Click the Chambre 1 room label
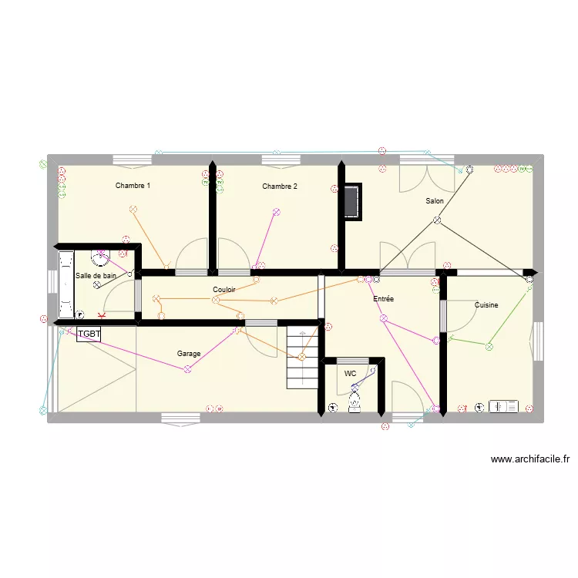tap(133, 186)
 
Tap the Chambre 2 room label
tap(279, 187)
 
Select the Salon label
tap(435, 201)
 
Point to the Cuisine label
tap(486, 305)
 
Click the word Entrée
tap(383, 298)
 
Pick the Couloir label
tap(224, 290)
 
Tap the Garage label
tap(189, 354)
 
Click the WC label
tap(350, 373)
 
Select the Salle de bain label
tap(96, 275)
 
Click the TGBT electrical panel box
tap(89, 334)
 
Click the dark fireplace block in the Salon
tap(353, 201)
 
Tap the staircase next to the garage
tap(302, 357)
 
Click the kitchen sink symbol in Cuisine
tap(505, 406)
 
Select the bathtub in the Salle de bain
tap(64, 285)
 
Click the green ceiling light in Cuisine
tap(488, 348)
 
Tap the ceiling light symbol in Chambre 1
tap(133, 209)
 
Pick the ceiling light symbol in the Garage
tap(187, 370)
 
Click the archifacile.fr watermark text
tap(530, 460)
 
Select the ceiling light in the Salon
tap(437, 221)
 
